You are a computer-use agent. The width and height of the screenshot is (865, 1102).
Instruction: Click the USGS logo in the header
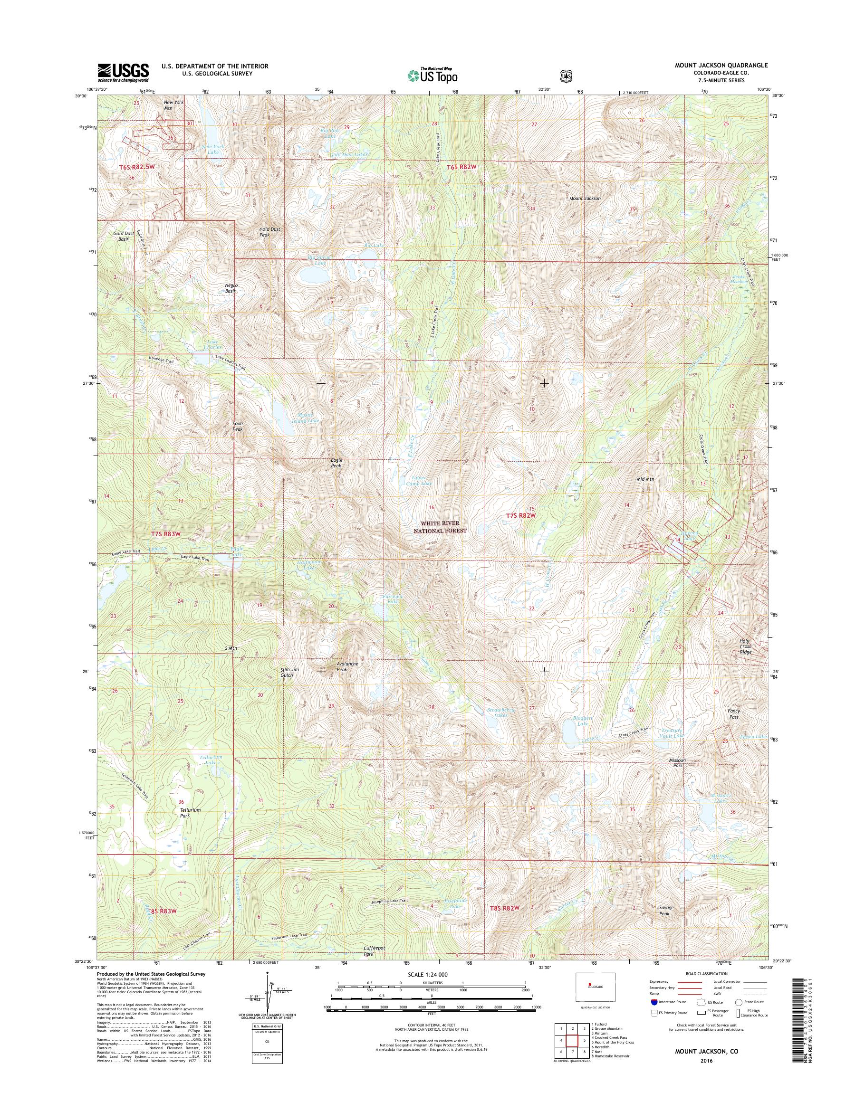coord(123,72)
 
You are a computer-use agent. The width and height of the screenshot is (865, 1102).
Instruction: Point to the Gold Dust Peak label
coord(269,232)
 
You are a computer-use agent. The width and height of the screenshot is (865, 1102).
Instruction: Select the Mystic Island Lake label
coord(308,418)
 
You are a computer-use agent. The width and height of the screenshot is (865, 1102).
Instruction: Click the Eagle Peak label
coord(336,463)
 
